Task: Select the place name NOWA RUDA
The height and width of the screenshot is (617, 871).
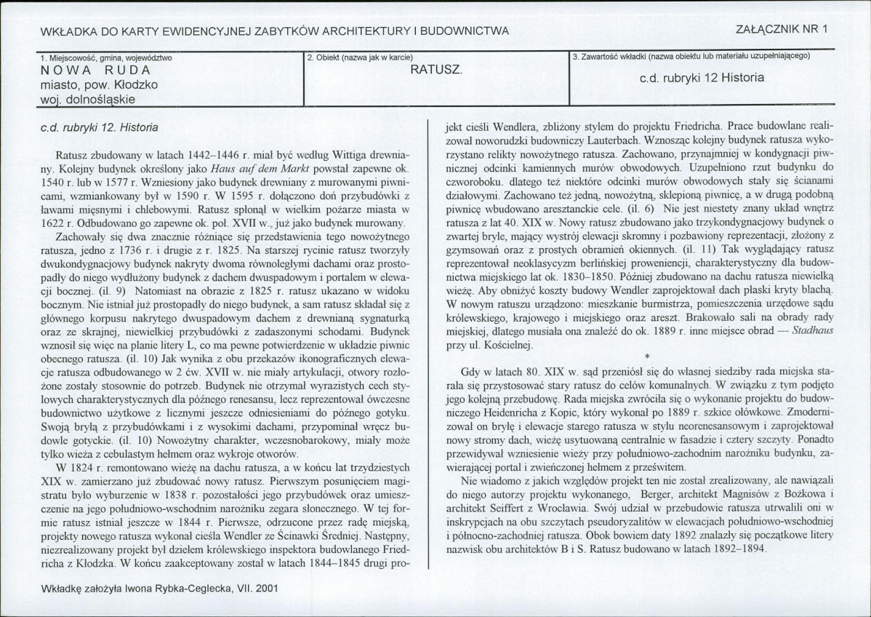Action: coord(95,71)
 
